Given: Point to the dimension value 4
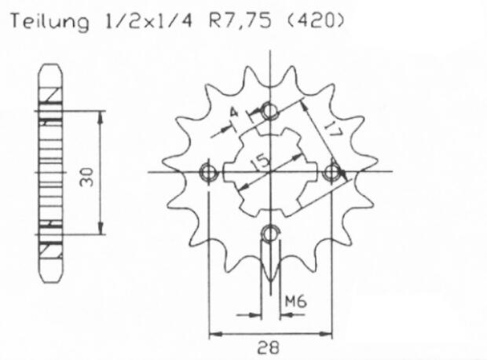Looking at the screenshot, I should click(232, 116).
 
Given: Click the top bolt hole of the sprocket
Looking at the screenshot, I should click(270, 110).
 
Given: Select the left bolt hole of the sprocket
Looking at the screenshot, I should click(209, 171).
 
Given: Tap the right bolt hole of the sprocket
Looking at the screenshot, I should click(333, 171).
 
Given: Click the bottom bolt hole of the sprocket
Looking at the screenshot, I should click(270, 233).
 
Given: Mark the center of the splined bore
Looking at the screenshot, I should click(270, 171).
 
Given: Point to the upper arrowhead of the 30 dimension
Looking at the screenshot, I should click(100, 116).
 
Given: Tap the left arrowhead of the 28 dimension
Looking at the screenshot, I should click(213, 335).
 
